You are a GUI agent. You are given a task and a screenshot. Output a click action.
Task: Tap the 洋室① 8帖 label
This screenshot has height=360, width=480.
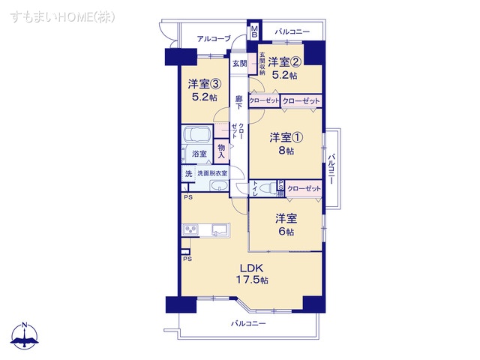point(284,142)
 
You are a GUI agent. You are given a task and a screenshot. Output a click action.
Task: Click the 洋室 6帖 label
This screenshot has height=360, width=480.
point(286,224)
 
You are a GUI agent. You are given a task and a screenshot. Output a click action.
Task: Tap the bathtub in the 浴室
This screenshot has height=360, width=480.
point(197,139)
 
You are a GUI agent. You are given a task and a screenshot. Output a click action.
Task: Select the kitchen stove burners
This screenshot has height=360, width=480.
point(189,229)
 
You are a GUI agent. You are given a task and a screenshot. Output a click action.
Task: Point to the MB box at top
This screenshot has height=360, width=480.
point(254,31)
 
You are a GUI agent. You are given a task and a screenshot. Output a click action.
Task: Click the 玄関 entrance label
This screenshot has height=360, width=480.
point(238,63)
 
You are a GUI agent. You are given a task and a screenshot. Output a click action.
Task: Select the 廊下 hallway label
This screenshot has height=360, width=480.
point(238,103)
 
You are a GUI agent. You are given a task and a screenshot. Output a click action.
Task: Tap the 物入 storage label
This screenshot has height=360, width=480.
point(222,151)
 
